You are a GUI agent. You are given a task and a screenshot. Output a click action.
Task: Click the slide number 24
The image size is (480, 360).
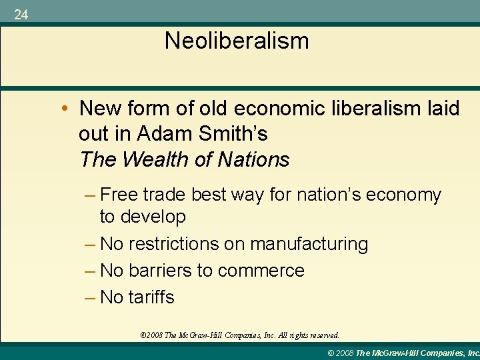[21, 15]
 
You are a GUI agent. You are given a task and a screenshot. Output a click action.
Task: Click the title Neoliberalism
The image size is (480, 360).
[237, 41]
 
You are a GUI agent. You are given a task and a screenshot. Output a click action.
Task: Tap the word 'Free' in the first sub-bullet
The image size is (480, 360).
[119, 195]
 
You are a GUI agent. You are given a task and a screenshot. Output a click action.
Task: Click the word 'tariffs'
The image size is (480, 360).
[151, 297]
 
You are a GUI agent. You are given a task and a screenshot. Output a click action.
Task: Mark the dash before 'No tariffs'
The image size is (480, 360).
[91, 297]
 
